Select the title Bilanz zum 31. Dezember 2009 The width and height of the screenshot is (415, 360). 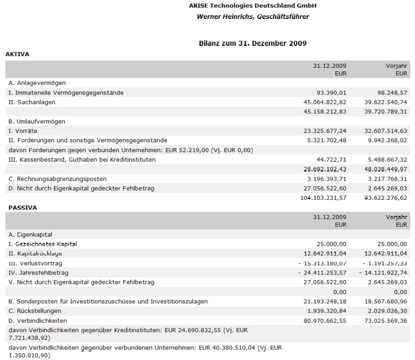coord(253,43)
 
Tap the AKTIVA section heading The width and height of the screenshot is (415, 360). coord(17,54)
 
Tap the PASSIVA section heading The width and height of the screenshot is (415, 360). coord(19,207)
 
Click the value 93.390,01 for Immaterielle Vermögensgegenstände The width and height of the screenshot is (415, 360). coord(331,93)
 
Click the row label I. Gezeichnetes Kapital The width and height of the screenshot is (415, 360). coord(43,244)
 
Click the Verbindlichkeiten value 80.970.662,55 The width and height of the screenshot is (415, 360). coord(323,320)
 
